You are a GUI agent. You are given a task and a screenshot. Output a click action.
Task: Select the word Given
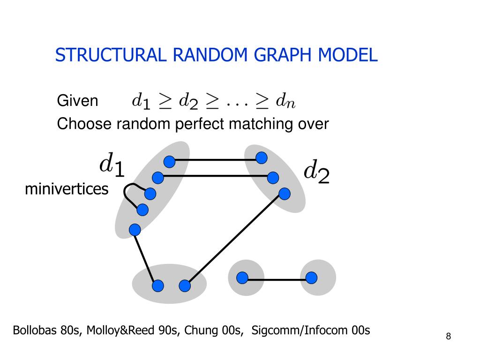[x=78, y=101]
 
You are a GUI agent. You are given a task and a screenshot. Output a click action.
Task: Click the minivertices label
[x=66, y=189]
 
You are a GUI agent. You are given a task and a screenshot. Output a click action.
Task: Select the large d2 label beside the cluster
[x=316, y=172]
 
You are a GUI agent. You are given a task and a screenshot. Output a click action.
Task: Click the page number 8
[x=449, y=336]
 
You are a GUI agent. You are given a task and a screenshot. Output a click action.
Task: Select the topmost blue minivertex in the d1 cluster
[x=169, y=162]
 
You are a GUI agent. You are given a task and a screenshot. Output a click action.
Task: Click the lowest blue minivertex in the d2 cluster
[x=284, y=194]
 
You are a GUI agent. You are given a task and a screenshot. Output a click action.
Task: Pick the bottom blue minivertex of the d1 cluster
[x=135, y=230]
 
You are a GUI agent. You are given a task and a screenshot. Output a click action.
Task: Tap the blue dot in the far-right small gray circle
[x=312, y=278]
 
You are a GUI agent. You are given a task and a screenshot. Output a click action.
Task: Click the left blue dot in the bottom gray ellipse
[x=158, y=285]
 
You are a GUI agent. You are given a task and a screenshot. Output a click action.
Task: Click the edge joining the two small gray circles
[x=277, y=280]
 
